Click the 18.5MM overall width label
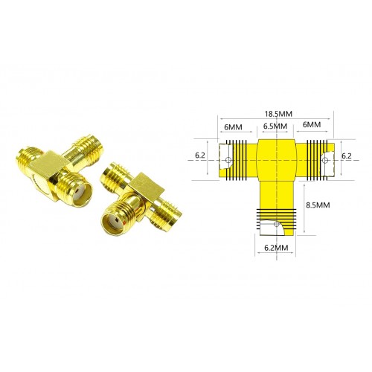pos(278,114)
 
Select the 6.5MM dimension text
pos(275,126)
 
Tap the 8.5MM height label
pos(318,205)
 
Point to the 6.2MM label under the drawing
pos(276,248)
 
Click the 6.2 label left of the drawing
pos(200,155)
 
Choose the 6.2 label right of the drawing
pos(347,156)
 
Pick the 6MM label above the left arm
pos(233,127)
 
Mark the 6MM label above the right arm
pos(312,124)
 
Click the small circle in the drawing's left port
pos(228,160)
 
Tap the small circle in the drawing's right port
pos(325,161)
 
